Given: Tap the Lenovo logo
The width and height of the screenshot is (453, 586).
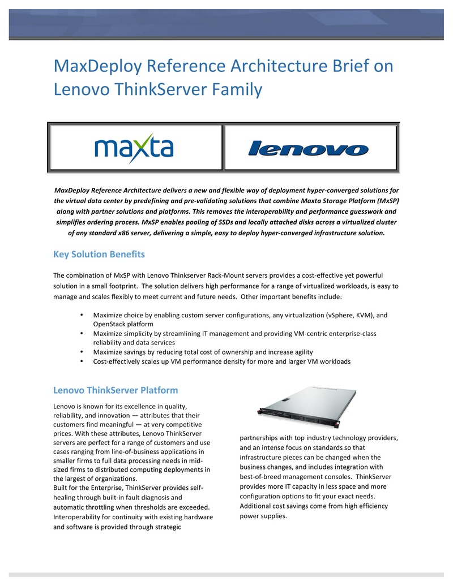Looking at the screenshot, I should [x=309, y=149].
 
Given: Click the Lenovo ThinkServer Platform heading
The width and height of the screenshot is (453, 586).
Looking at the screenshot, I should [x=116, y=390].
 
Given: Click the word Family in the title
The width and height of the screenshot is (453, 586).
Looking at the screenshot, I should [x=234, y=89].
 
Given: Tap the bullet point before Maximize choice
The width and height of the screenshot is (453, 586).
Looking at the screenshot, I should [x=83, y=315].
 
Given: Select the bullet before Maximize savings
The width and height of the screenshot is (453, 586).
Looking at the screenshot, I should [x=83, y=352].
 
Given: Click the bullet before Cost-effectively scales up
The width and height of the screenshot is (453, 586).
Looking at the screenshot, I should [x=83, y=361].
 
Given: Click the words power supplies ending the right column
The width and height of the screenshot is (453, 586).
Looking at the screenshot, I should [x=263, y=516].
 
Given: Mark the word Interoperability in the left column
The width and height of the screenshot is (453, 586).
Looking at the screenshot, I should [x=78, y=517].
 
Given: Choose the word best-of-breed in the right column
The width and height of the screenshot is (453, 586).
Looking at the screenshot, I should [x=262, y=477].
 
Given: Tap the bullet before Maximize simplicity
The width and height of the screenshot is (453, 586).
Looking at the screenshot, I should [x=83, y=334].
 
